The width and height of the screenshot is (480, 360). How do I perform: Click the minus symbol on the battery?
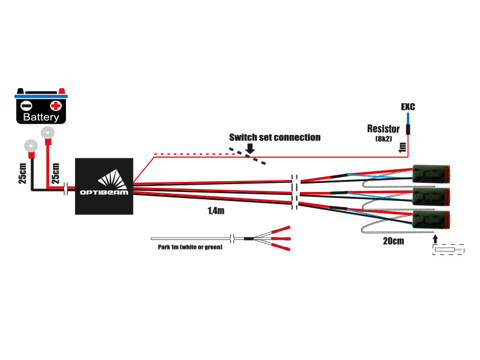coord(26,105)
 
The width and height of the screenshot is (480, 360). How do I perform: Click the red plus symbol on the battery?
coord(56,106)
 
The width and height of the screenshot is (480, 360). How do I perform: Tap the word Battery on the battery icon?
coord(41,118)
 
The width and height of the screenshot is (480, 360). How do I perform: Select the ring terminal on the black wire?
coord(30,145)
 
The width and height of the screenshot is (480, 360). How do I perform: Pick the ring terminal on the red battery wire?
coord(47,133)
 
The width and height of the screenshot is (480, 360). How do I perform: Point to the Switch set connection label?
coord(274,137)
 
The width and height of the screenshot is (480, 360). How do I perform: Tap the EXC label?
coord(408,107)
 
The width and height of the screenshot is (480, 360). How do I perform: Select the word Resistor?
coord(383,129)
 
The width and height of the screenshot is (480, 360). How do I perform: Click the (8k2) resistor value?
coord(383,139)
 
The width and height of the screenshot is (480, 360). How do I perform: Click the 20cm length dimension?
coord(393,241)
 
